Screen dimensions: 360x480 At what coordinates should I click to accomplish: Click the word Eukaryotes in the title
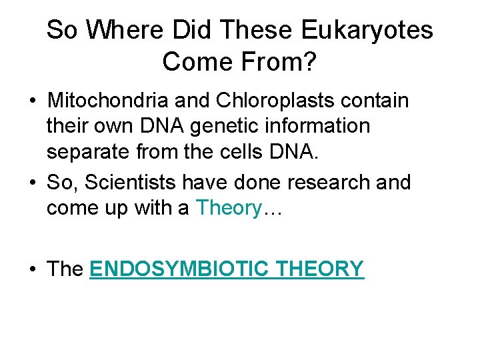tap(367, 30)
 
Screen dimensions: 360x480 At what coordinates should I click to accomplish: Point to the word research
tap(323, 182)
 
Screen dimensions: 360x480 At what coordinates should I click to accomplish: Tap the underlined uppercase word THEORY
tap(320, 269)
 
